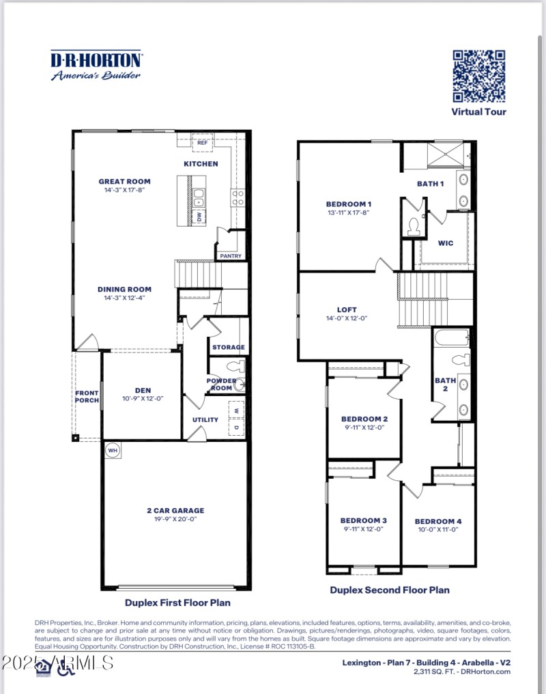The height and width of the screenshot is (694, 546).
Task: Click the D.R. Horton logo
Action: click(x=96, y=66)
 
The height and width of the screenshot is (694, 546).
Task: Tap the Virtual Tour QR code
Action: click(x=479, y=75)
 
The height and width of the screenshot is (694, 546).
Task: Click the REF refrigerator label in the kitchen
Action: click(x=202, y=143)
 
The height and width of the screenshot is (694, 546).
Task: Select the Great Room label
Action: click(x=124, y=182)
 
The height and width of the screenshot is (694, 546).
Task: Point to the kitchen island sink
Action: click(x=199, y=198)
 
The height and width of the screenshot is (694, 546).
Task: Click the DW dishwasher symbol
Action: click(x=199, y=218)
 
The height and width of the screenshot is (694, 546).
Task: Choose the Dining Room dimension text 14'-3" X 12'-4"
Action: click(x=124, y=298)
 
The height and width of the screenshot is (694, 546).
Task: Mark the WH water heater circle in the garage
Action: click(x=112, y=451)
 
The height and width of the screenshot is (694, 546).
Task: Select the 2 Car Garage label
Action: click(x=175, y=510)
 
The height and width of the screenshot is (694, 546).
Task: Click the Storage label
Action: click(x=228, y=347)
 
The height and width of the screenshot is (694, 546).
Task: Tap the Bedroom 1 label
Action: click(x=348, y=204)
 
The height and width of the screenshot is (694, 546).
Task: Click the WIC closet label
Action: click(x=446, y=242)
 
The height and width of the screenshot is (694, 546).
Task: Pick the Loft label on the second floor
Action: click(x=347, y=309)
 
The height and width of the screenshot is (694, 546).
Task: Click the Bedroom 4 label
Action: click(x=438, y=521)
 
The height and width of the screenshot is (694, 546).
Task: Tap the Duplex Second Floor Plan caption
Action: click(x=390, y=589)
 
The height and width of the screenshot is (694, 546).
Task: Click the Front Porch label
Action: click(x=87, y=397)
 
